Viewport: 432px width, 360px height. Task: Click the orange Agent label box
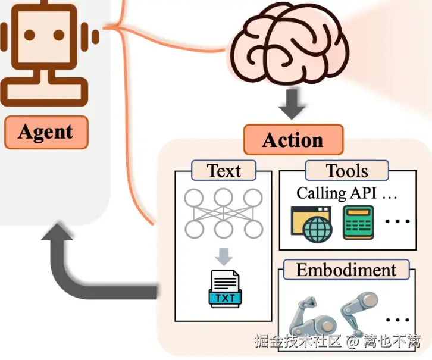tap(46, 133)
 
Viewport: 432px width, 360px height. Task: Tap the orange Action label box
tap(293, 140)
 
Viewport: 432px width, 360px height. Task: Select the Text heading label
tap(224, 171)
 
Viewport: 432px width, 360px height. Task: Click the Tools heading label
tap(347, 171)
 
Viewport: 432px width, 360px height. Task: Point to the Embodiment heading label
tap(346, 270)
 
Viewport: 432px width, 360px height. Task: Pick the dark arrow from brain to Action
tap(292, 104)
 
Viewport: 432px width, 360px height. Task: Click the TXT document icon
tap(225, 289)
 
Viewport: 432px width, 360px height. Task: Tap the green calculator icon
tap(358, 223)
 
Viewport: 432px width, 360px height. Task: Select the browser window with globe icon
tap(312, 224)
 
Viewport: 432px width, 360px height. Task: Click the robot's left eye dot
tap(30, 35)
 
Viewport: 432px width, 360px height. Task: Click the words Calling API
tap(336, 193)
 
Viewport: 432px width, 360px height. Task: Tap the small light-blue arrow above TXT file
tap(224, 256)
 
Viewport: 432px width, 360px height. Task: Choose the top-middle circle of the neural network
tap(224, 198)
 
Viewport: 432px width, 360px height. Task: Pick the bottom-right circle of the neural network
tap(253, 229)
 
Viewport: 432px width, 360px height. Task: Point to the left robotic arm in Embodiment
tap(311, 317)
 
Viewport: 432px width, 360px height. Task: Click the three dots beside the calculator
tap(397, 221)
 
